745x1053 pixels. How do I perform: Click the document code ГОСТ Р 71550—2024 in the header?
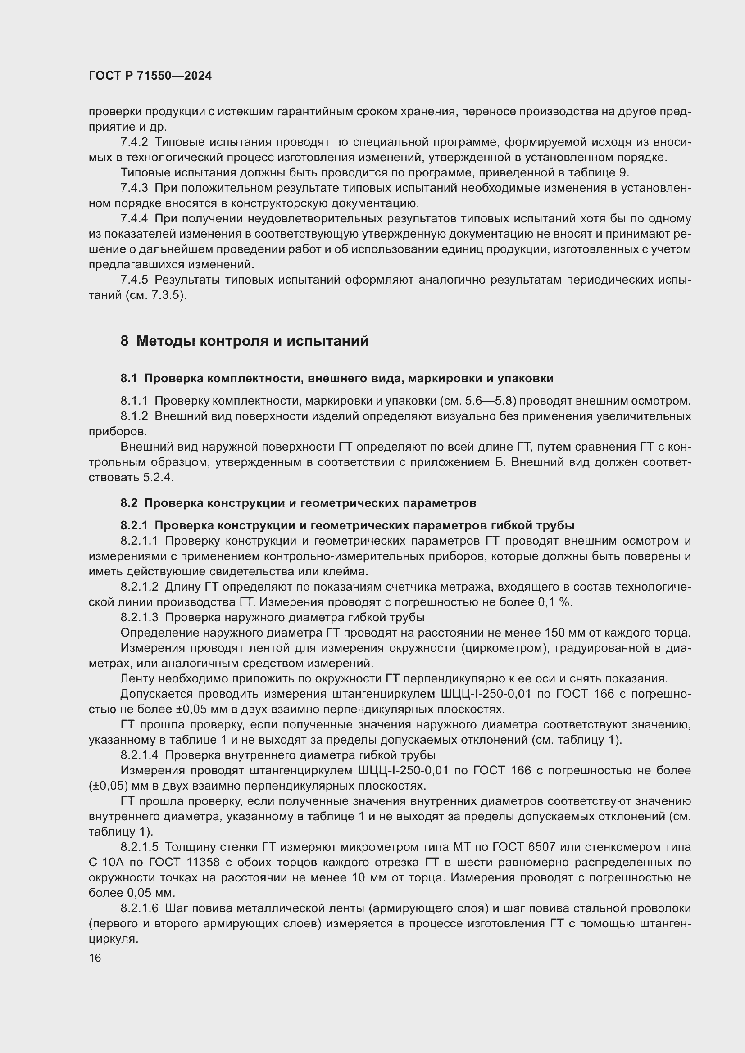pos(150,76)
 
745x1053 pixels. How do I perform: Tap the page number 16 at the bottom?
pos(95,958)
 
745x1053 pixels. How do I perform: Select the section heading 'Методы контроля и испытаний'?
pos(252,341)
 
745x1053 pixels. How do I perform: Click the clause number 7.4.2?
pos(134,142)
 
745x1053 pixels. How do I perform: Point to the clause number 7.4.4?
pos(134,219)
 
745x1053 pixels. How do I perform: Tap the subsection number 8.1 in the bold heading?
pos(129,378)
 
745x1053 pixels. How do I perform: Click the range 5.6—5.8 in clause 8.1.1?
pos(490,401)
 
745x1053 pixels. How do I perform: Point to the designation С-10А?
pos(106,862)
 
